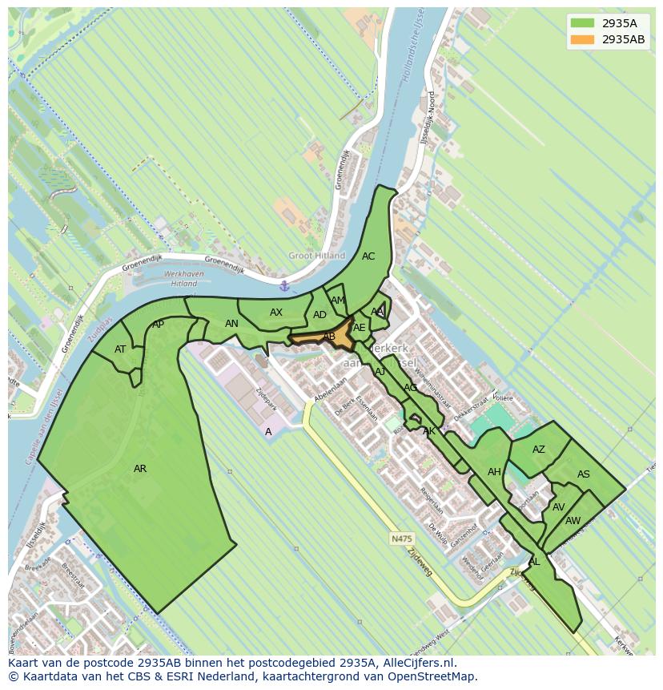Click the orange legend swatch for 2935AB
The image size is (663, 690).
(582, 39)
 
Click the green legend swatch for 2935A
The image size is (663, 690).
(582, 23)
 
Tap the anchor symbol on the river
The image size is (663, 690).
(284, 286)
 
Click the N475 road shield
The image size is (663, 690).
(401, 539)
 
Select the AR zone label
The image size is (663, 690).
(140, 469)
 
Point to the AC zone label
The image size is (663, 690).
(368, 256)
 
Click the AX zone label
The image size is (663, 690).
(276, 313)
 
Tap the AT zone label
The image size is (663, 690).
(120, 349)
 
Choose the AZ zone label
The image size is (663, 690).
(539, 450)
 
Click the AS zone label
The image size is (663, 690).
(584, 474)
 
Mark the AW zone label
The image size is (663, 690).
(573, 521)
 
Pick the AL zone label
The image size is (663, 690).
(534, 562)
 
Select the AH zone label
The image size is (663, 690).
(494, 472)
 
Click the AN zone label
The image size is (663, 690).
(231, 324)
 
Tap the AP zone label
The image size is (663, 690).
(158, 325)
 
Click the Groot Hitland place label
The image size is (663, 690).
(316, 256)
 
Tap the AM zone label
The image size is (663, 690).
(337, 301)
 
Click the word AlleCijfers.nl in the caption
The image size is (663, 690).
(417, 663)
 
